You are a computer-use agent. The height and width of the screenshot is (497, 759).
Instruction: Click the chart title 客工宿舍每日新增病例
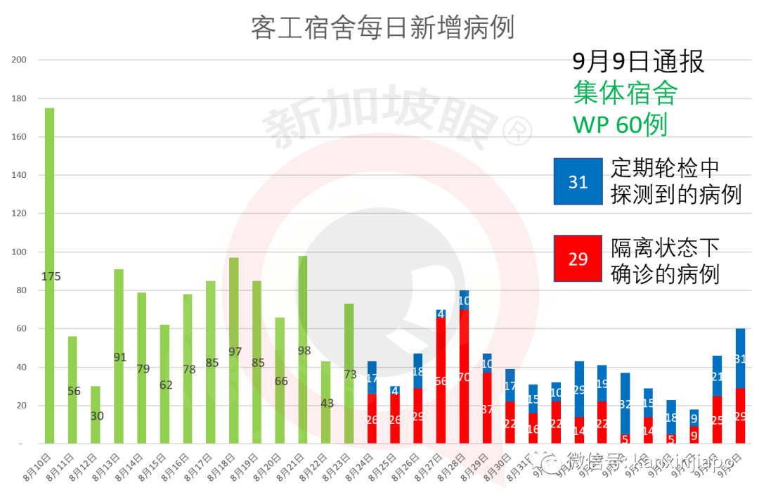tap(382, 27)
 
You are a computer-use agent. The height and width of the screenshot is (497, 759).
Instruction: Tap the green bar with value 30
tap(96, 415)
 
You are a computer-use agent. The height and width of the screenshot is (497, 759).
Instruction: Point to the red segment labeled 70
tap(464, 377)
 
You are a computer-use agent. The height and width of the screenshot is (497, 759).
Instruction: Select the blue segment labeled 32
tap(625, 404)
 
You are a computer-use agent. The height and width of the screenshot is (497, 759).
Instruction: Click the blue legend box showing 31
tap(578, 181)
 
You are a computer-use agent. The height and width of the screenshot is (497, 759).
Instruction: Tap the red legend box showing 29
tap(578, 259)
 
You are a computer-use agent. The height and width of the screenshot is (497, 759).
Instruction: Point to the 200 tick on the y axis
tap(19, 60)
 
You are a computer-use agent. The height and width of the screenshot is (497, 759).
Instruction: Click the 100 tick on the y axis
tap(19, 252)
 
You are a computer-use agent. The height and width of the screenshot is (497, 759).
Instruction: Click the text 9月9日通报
tap(638, 62)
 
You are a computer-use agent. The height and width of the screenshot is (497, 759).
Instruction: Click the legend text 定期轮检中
tap(665, 168)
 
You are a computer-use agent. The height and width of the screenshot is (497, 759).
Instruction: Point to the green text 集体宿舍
tap(625, 92)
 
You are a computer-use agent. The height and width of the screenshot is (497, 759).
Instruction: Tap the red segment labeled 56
tap(441, 380)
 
